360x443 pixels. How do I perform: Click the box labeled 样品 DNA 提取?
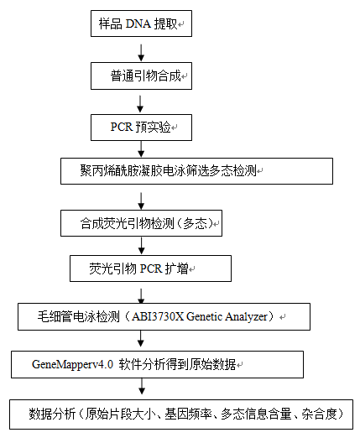(141, 23)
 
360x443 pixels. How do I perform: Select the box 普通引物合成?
(141, 76)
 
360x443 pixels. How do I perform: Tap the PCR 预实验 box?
(141, 128)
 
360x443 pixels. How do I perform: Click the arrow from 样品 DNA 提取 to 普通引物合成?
(141, 53)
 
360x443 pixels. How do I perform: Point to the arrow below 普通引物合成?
(140, 104)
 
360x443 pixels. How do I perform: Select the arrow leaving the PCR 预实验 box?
(141, 149)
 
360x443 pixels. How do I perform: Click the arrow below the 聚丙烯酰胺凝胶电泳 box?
(141, 201)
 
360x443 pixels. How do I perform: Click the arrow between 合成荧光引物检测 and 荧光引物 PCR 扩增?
(142, 245)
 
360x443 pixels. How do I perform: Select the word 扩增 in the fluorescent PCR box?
(176, 268)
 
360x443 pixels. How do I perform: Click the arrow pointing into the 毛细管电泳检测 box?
(141, 296)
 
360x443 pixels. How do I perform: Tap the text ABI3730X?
(158, 316)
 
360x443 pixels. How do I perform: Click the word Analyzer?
(246, 317)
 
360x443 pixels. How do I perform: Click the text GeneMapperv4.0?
(73, 364)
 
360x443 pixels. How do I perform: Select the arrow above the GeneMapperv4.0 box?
(140, 338)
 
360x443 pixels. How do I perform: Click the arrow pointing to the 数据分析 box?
(142, 386)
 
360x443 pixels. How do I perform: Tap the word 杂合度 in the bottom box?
(320, 414)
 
